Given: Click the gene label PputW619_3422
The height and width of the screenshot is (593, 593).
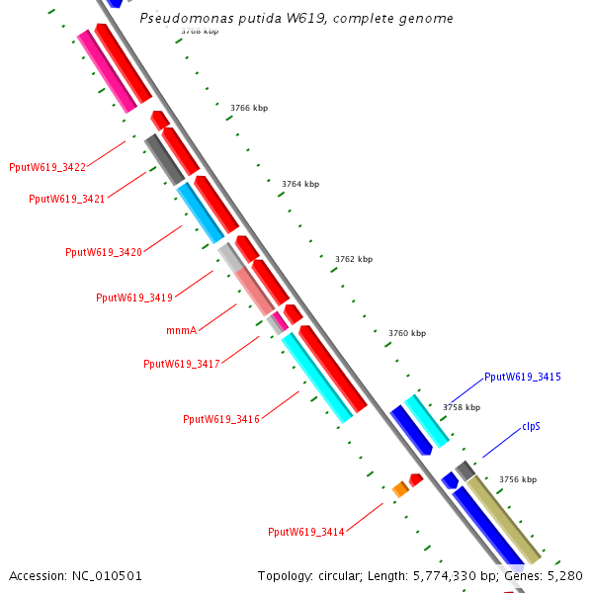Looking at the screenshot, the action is [x=47, y=167].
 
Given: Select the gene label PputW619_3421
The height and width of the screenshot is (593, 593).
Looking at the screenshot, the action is [x=66, y=199].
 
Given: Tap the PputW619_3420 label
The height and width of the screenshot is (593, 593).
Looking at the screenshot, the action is [x=104, y=252].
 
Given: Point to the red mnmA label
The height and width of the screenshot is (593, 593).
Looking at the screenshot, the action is [x=182, y=330].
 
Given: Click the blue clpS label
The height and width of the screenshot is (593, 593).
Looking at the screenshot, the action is [x=531, y=427].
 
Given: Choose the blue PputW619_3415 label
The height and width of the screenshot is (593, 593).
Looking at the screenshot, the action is [x=523, y=378].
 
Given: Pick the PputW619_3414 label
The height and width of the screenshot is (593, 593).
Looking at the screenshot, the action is [x=306, y=532].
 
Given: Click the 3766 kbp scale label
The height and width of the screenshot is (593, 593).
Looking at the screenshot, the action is [x=249, y=108].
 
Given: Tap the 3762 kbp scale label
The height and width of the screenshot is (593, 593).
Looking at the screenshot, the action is [x=354, y=259].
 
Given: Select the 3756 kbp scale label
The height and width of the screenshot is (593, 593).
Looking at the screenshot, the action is [x=518, y=479].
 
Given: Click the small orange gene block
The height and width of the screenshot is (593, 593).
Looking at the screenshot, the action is [x=400, y=489].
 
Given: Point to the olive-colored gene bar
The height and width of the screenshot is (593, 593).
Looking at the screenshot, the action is [x=504, y=520].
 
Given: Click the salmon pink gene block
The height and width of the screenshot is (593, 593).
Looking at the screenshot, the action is [x=254, y=291].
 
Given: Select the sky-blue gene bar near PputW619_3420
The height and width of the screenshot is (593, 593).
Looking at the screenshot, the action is [x=201, y=212].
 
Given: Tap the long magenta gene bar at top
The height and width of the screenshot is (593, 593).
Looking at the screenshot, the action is [x=107, y=71].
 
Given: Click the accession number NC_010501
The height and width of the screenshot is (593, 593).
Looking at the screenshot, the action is [x=107, y=576].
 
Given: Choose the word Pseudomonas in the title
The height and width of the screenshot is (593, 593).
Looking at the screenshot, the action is [x=187, y=18].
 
